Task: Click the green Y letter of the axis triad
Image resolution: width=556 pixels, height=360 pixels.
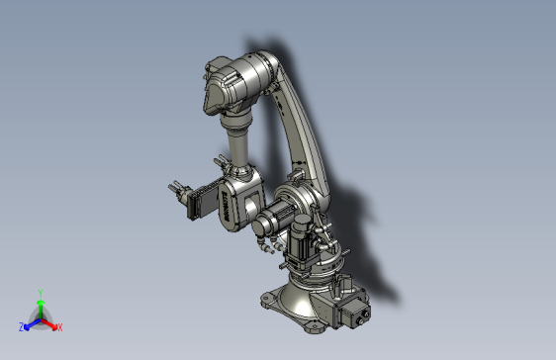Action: pos(40,292)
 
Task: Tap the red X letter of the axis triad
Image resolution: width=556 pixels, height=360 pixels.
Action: pos(60,326)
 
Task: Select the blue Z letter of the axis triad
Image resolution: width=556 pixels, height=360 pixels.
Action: pos(21,326)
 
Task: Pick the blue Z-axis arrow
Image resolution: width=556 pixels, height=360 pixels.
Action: pos(31,322)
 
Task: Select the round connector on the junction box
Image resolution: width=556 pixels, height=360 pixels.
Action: pos(363,319)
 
